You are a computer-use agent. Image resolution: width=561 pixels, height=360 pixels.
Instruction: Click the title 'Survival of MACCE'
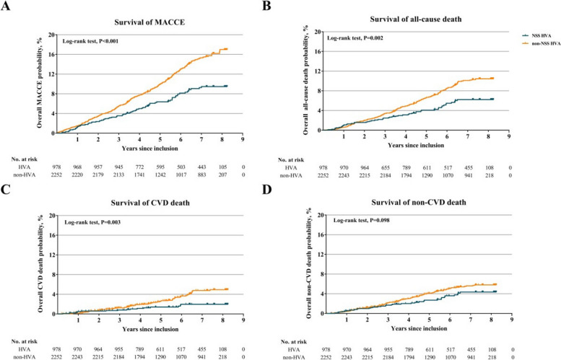point(149,22)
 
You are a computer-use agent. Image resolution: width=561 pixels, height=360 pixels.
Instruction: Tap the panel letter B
point(267,5)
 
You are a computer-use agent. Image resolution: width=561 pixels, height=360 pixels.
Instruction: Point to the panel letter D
point(268,190)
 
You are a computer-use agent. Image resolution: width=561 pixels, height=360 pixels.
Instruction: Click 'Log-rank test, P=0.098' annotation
point(361,221)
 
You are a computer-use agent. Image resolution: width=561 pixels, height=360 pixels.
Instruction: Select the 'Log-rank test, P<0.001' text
point(90,41)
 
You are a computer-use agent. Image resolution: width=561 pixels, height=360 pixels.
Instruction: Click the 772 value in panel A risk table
point(139,167)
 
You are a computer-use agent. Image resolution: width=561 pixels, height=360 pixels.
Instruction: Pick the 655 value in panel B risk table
point(385,167)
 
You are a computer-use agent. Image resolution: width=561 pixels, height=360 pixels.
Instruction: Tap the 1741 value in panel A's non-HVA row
point(139,175)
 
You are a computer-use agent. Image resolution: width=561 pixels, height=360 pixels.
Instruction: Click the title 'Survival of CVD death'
point(150,203)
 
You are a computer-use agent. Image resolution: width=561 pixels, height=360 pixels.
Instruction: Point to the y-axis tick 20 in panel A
point(52,35)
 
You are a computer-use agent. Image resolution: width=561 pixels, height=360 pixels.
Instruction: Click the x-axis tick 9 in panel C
point(243,321)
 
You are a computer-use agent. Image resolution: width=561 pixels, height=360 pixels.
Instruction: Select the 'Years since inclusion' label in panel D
point(419,328)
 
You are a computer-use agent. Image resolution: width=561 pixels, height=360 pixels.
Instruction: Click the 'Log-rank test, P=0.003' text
point(92,222)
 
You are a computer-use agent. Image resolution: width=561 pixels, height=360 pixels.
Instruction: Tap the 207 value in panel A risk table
point(222,175)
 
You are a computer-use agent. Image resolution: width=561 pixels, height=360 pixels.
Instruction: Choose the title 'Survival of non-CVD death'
point(419,203)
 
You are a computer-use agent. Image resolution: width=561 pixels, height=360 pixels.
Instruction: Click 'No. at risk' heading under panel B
point(291,160)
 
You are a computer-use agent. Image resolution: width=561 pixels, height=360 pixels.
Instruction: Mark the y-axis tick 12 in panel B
point(318,71)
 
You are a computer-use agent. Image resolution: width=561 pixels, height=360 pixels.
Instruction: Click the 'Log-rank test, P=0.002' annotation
point(355,38)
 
